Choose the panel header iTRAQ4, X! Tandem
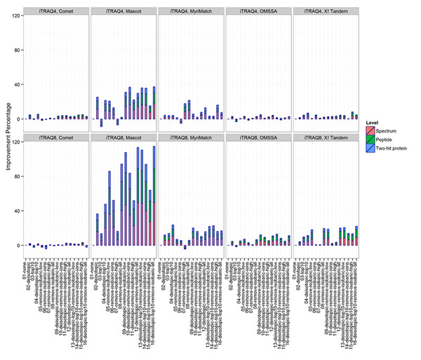pyautogui.click(x=326, y=11)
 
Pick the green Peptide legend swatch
pyautogui.click(x=371, y=140)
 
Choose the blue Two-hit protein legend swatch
pyautogui.click(x=371, y=149)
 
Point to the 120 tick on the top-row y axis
pyautogui.click(x=15, y=16)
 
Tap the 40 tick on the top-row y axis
pyautogui.click(x=15, y=85)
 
